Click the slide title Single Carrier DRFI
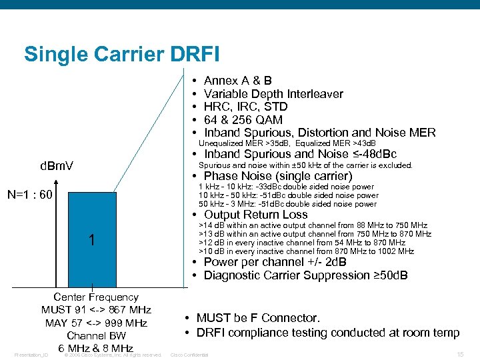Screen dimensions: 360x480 121,53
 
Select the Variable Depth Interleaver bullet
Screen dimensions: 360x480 273,94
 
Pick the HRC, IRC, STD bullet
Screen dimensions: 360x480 245,107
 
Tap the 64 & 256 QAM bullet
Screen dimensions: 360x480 243,120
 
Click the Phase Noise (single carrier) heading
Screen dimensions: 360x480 277,177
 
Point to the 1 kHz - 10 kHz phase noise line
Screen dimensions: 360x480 287,187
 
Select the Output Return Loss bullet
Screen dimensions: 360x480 255,215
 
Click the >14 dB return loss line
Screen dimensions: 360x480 313,226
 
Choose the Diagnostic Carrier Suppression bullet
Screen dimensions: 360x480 305,275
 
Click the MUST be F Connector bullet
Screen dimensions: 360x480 258,319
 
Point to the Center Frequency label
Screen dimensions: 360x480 96,297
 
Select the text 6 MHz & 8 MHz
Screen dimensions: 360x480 96,349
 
